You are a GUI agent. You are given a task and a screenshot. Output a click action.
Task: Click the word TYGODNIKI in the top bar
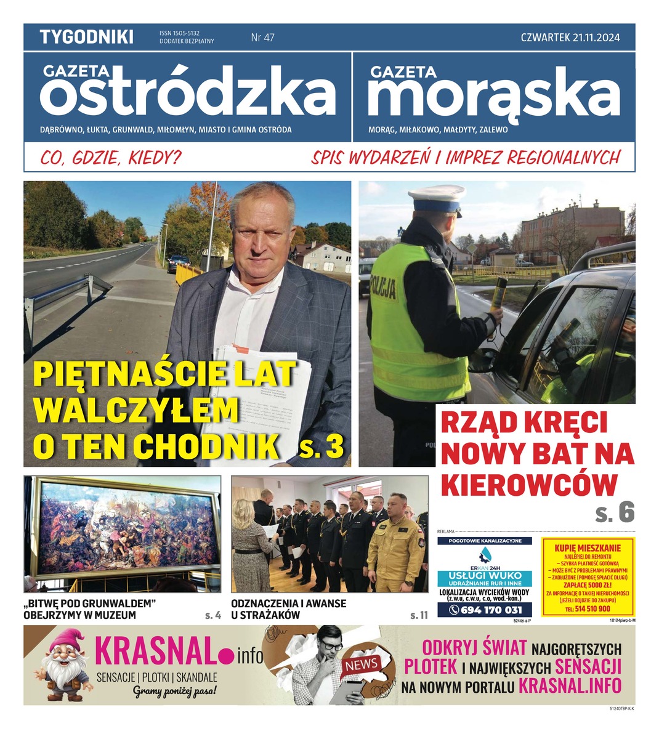point(86,37)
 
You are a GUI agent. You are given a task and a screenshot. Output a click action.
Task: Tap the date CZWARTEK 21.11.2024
point(570,38)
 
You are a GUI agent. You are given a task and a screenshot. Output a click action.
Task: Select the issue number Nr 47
point(263,38)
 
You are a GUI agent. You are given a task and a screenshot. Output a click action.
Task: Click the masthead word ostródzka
point(188,95)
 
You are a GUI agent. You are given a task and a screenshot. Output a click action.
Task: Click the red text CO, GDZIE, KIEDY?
point(111,158)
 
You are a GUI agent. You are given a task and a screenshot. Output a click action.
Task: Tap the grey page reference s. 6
point(614,512)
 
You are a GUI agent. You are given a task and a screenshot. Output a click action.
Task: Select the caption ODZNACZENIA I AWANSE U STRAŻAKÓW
point(288,608)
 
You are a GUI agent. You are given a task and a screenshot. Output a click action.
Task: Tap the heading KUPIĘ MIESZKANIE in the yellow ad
point(588,548)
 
